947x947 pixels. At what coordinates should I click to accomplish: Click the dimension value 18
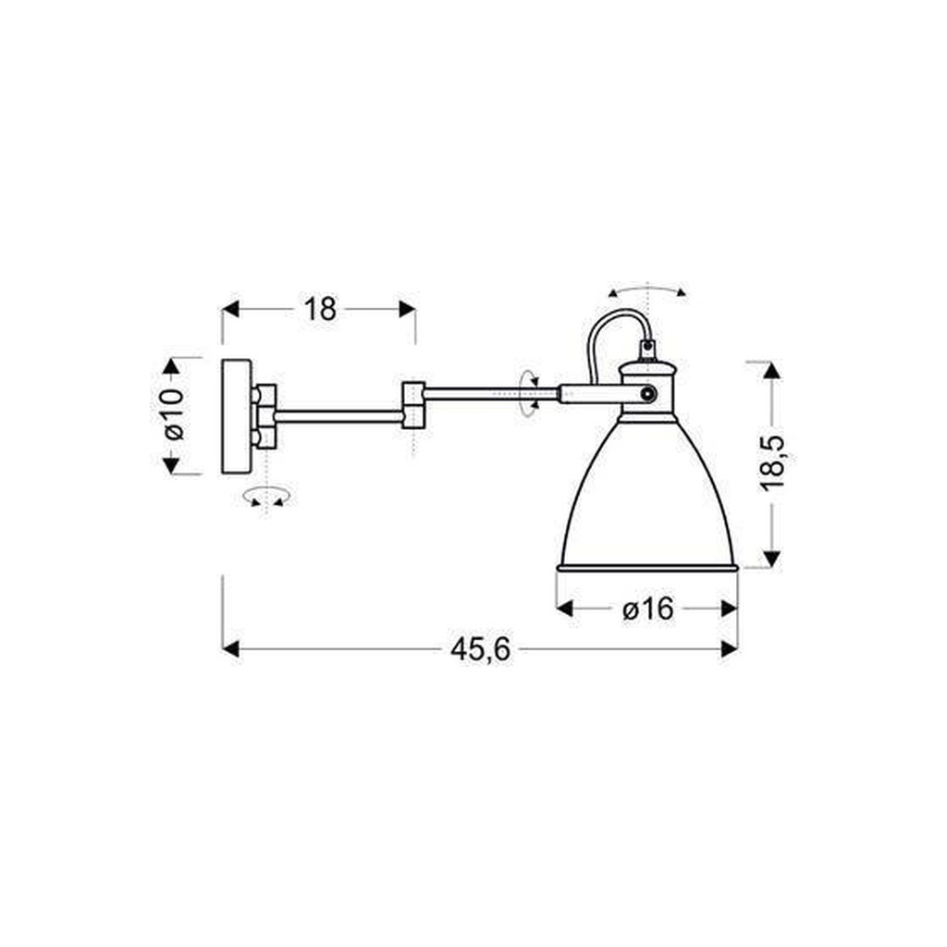point(320,309)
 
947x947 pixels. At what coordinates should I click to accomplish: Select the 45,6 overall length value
point(481,650)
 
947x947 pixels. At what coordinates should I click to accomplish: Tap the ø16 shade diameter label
point(646,609)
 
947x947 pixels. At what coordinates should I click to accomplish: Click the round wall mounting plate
point(237,416)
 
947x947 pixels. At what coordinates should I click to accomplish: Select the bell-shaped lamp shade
point(647,499)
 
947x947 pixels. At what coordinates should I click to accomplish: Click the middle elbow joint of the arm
point(412,405)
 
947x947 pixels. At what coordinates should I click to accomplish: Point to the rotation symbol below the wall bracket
point(266,498)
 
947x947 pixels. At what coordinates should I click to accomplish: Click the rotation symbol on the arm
point(529,394)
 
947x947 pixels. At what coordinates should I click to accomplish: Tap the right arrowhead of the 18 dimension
point(407,309)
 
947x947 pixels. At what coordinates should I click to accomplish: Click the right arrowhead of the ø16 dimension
point(730,609)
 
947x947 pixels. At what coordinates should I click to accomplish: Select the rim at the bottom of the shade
point(646,566)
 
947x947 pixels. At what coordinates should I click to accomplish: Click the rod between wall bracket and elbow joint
point(338,414)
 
